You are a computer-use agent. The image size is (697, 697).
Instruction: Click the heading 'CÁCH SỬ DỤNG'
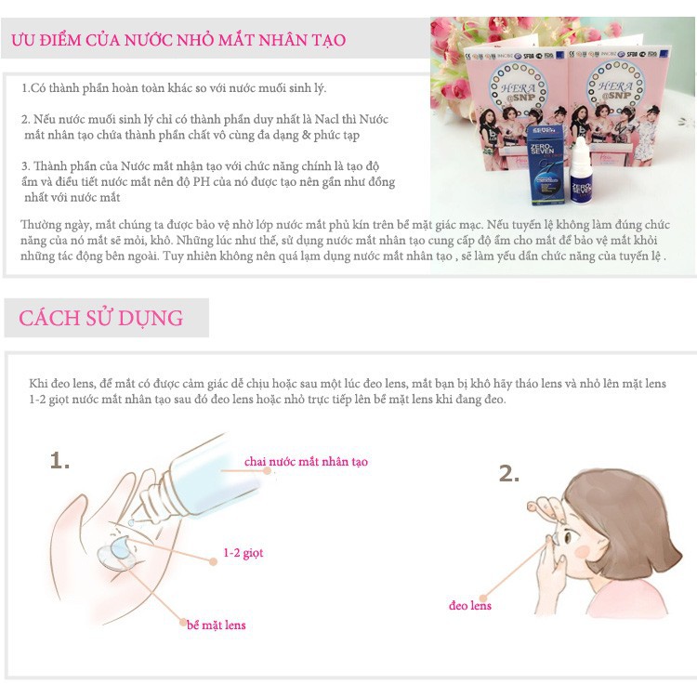[101, 318]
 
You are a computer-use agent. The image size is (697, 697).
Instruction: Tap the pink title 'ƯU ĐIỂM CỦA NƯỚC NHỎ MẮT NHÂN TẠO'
[178, 40]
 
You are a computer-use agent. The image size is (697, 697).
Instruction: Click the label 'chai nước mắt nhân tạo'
[306, 462]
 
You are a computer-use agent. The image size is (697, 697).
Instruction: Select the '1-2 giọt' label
[243, 553]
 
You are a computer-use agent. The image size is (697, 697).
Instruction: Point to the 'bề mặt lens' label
[216, 625]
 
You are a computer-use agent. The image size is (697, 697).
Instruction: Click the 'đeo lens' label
[470, 605]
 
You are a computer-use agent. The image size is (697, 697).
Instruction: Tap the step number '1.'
[59, 461]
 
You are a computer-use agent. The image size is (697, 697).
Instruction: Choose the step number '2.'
[509, 473]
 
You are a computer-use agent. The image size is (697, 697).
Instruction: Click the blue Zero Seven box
[545, 165]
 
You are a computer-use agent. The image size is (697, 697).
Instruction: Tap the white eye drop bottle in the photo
[581, 172]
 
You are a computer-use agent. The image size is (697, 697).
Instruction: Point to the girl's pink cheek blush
[583, 552]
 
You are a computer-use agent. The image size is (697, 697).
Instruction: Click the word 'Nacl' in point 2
[327, 120]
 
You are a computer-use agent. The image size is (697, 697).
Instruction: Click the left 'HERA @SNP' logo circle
[518, 87]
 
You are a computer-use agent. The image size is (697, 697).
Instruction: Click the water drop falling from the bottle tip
[131, 522]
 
